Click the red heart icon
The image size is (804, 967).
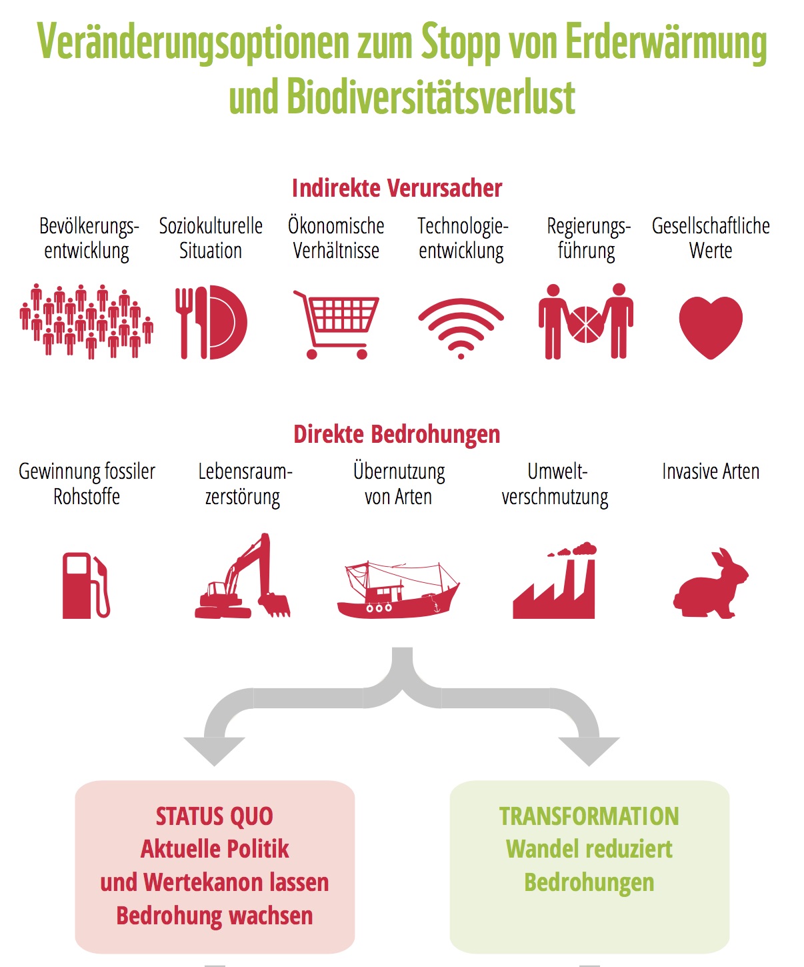[x=711, y=327]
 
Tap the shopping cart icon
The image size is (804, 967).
[x=336, y=324]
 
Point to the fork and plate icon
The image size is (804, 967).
[x=211, y=322]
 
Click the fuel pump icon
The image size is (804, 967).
[x=86, y=585]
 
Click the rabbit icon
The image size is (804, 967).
[x=711, y=584]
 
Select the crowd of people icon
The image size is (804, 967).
[x=87, y=321]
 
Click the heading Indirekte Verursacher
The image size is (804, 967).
[x=397, y=188]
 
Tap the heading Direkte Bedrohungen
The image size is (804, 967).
[x=397, y=434]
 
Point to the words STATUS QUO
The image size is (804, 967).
[x=215, y=817]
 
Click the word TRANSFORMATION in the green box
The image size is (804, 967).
[x=589, y=816]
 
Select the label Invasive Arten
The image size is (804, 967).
[x=711, y=471]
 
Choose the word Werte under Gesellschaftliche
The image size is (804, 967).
[x=711, y=251]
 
